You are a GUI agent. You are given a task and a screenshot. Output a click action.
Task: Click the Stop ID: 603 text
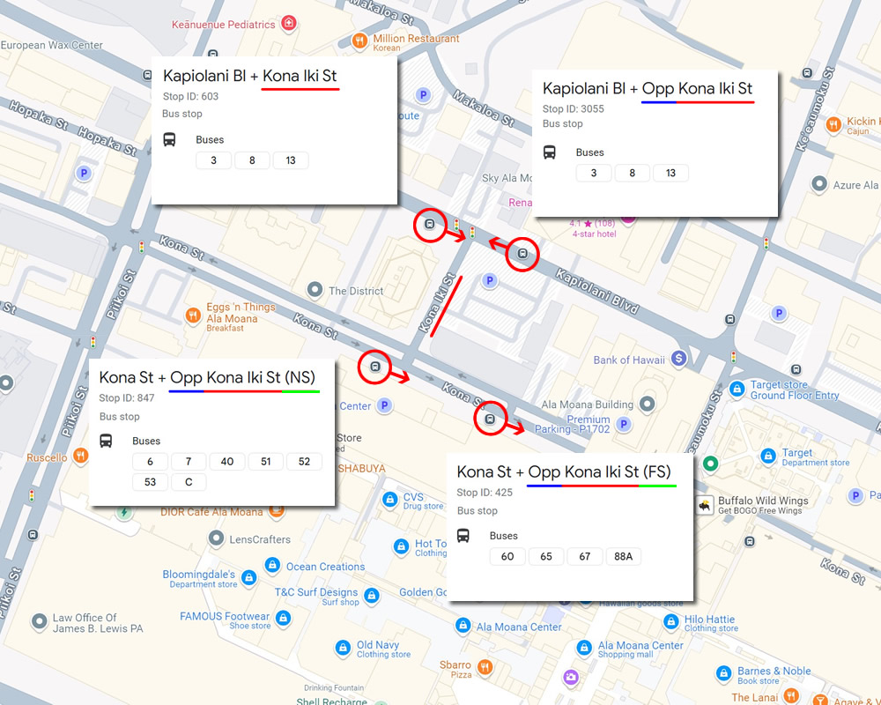click(190, 96)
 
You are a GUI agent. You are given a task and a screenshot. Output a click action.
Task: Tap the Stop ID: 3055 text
click(574, 109)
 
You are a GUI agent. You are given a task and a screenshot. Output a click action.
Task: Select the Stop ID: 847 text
click(127, 398)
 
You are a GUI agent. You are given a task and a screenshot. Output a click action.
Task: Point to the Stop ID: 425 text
click(485, 493)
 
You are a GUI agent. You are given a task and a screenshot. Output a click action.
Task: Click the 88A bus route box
click(623, 556)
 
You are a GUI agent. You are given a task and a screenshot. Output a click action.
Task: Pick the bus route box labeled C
click(189, 481)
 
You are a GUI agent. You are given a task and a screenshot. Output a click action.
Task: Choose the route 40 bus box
click(227, 462)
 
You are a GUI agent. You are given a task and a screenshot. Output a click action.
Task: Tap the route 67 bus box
click(584, 556)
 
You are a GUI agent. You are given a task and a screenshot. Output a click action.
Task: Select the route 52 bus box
click(304, 462)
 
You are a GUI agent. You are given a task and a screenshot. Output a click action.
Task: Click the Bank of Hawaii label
click(630, 360)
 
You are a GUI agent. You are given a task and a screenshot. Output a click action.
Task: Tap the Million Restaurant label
click(416, 39)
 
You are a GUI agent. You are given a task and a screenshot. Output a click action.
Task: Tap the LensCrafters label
click(258, 539)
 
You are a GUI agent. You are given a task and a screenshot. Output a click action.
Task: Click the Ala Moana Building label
click(588, 404)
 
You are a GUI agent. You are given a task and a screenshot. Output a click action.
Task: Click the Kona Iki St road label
click(437, 304)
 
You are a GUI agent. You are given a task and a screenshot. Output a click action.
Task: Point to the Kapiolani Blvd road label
click(596, 292)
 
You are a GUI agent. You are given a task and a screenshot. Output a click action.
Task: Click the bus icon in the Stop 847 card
click(106, 441)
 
